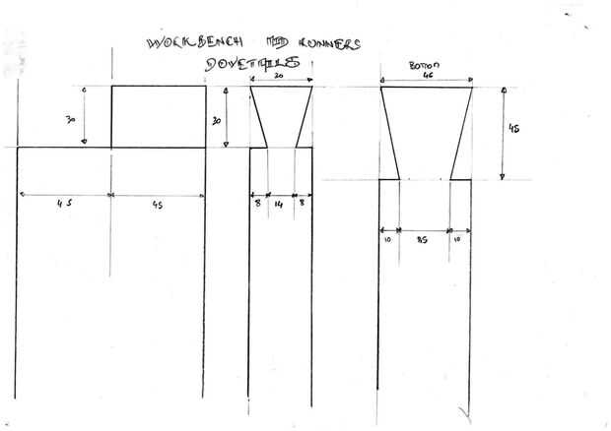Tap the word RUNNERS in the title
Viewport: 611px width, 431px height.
(324, 43)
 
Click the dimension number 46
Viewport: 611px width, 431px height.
(429, 77)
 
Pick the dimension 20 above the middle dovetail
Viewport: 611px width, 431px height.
(281, 75)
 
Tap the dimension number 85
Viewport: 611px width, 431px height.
(425, 237)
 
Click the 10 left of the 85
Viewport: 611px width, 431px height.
(389, 237)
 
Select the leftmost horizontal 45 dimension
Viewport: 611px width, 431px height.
(64, 204)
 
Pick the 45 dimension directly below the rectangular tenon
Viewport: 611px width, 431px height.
(158, 204)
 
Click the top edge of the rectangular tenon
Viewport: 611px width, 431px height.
(159, 87)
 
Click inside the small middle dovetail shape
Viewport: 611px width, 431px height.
(281, 113)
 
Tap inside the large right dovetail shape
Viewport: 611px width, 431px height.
(426, 128)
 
